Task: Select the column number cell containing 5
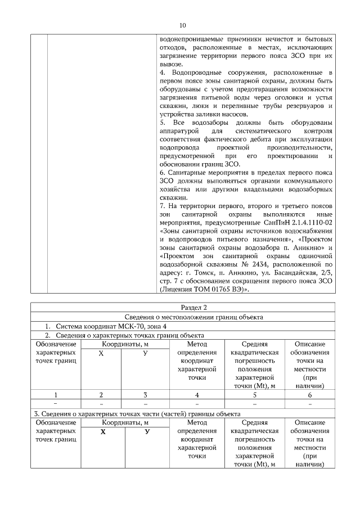pos(254,394)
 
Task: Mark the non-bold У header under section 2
pos(145,353)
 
